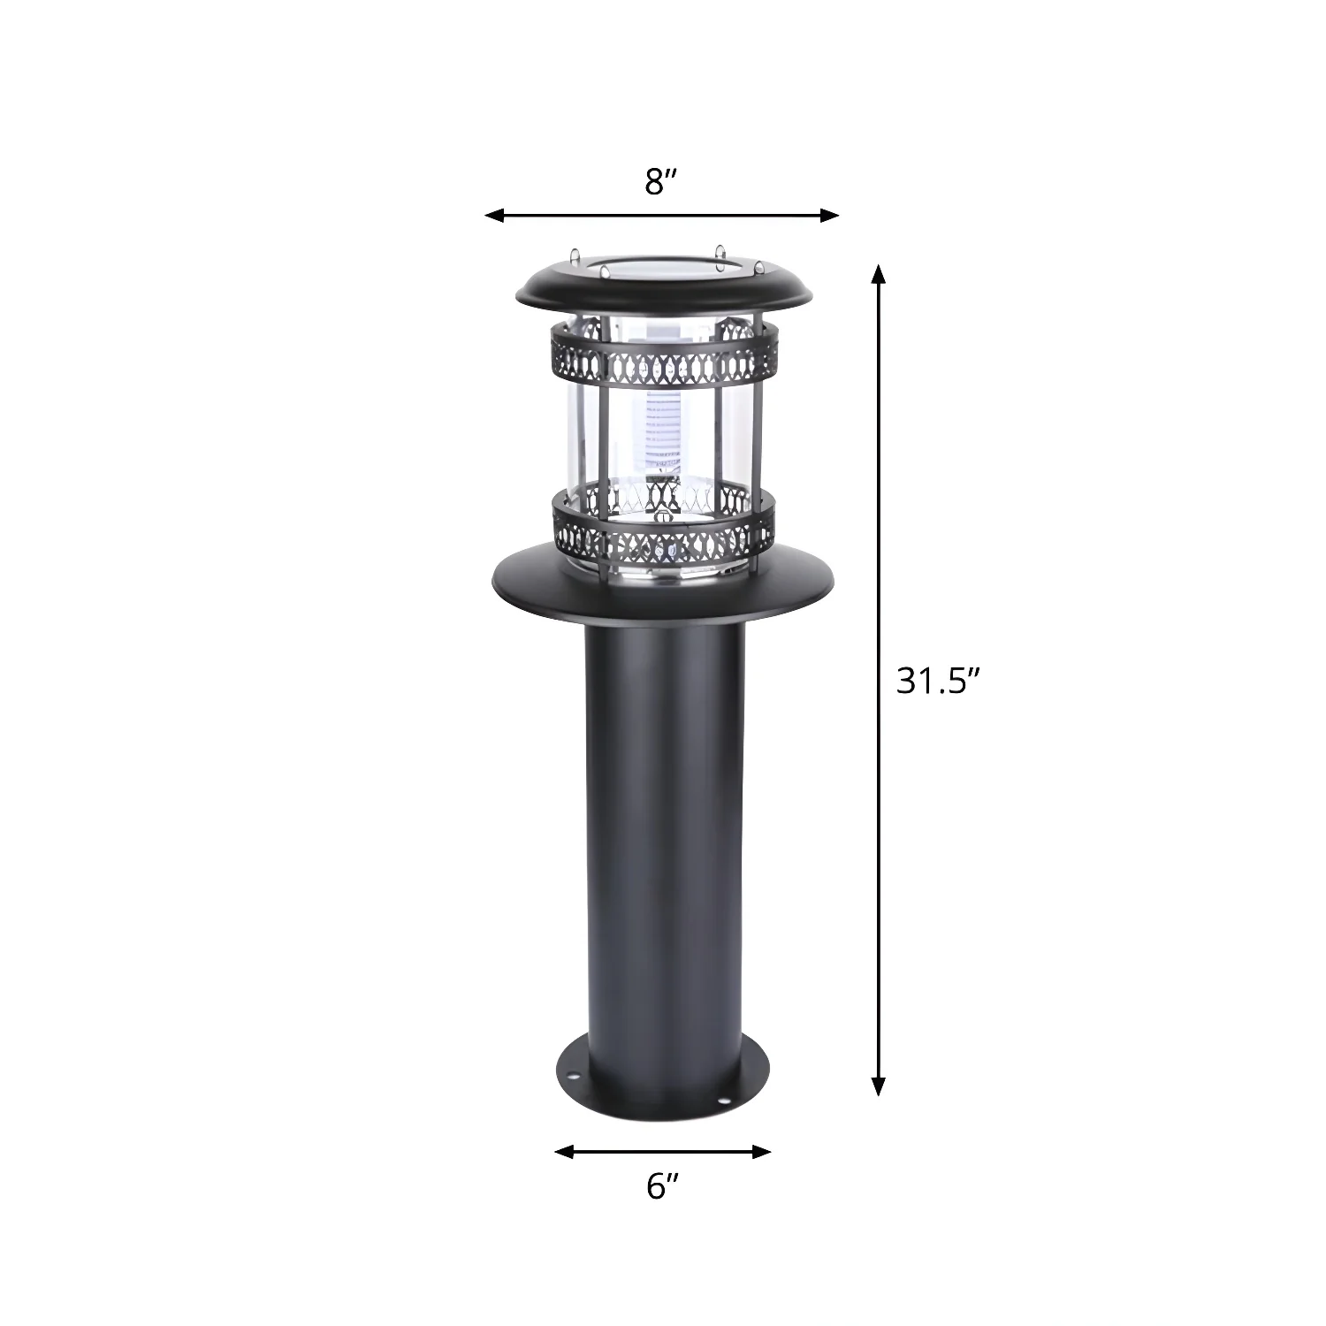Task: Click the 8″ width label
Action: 661,182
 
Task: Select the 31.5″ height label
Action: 940,681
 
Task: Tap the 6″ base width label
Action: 662,1186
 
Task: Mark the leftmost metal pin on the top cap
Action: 575,255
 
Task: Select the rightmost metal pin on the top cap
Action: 758,266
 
